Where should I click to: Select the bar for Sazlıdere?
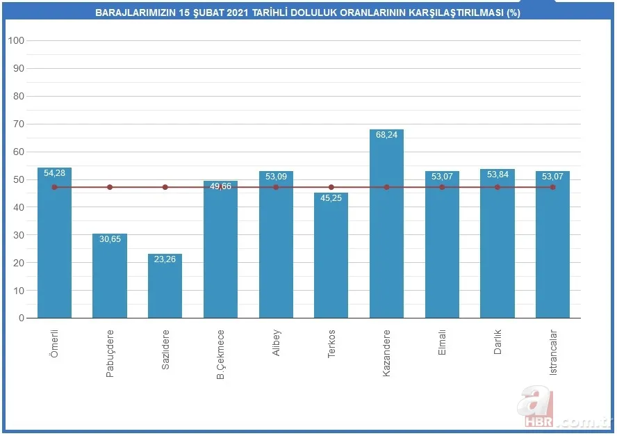[165, 286]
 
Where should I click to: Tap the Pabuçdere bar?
[110, 275]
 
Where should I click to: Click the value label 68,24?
[386, 135]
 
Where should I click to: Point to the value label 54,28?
[54, 173]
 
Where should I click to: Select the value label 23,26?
[165, 259]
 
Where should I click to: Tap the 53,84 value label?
[497, 175]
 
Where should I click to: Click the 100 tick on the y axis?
[17, 40]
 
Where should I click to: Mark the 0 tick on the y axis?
[22, 318]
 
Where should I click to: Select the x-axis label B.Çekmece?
[220, 354]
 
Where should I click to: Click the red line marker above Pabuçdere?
[110, 187]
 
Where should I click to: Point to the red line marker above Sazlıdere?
[165, 187]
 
